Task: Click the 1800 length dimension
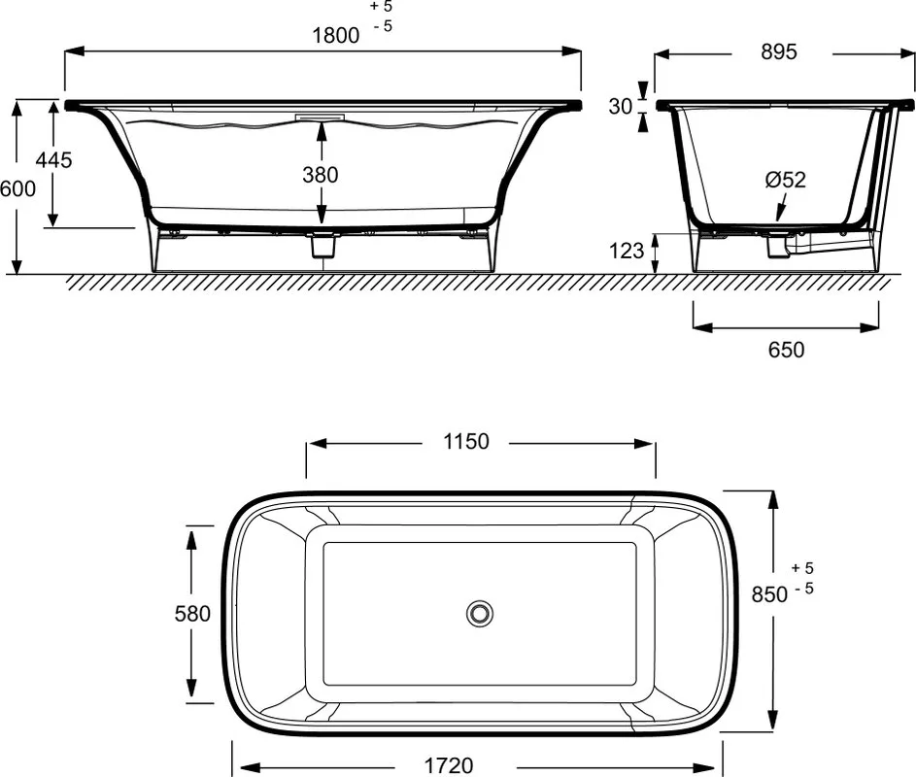point(336,36)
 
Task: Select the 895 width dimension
point(779,52)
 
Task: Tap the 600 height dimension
point(17,188)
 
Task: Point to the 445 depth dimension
point(53,159)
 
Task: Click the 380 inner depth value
point(321,175)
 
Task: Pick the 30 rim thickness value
point(621,106)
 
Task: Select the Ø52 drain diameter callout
point(785,180)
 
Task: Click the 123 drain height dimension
point(627,251)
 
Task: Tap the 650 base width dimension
point(786,350)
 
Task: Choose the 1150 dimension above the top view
point(465,442)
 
